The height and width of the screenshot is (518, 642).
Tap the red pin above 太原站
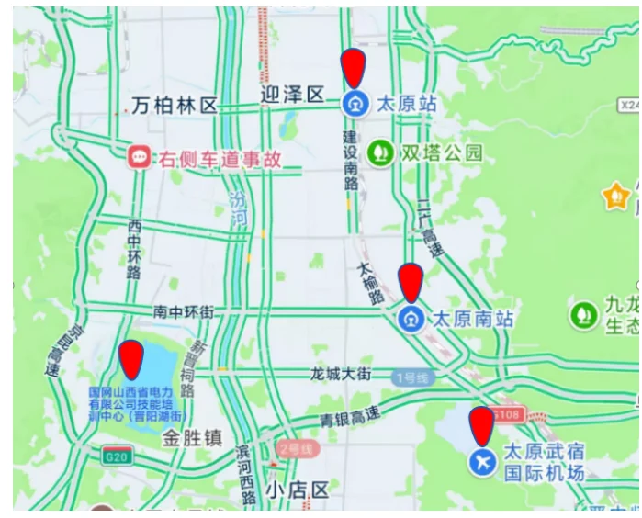(354, 68)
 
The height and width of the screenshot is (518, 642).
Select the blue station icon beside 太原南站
(411, 320)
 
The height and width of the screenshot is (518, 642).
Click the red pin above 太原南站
(411, 282)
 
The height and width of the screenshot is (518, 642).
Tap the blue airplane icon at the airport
(482, 462)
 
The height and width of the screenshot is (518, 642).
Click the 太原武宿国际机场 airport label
(543, 463)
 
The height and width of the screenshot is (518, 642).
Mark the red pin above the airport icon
(481, 426)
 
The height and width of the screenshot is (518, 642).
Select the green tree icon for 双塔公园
(379, 152)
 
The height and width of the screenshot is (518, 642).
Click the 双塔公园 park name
(441, 152)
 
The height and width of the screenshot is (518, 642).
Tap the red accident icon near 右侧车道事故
(141, 158)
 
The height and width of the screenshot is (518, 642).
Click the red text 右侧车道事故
(219, 159)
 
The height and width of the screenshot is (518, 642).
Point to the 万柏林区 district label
(174, 106)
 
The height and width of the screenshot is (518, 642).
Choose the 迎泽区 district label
(292, 95)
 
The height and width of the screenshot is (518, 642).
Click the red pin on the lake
(131, 358)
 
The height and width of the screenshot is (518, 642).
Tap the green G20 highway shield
(117, 456)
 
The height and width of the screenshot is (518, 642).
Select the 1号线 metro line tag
(411, 377)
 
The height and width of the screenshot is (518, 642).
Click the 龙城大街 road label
(340, 374)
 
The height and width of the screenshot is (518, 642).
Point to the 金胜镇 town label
(191, 437)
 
